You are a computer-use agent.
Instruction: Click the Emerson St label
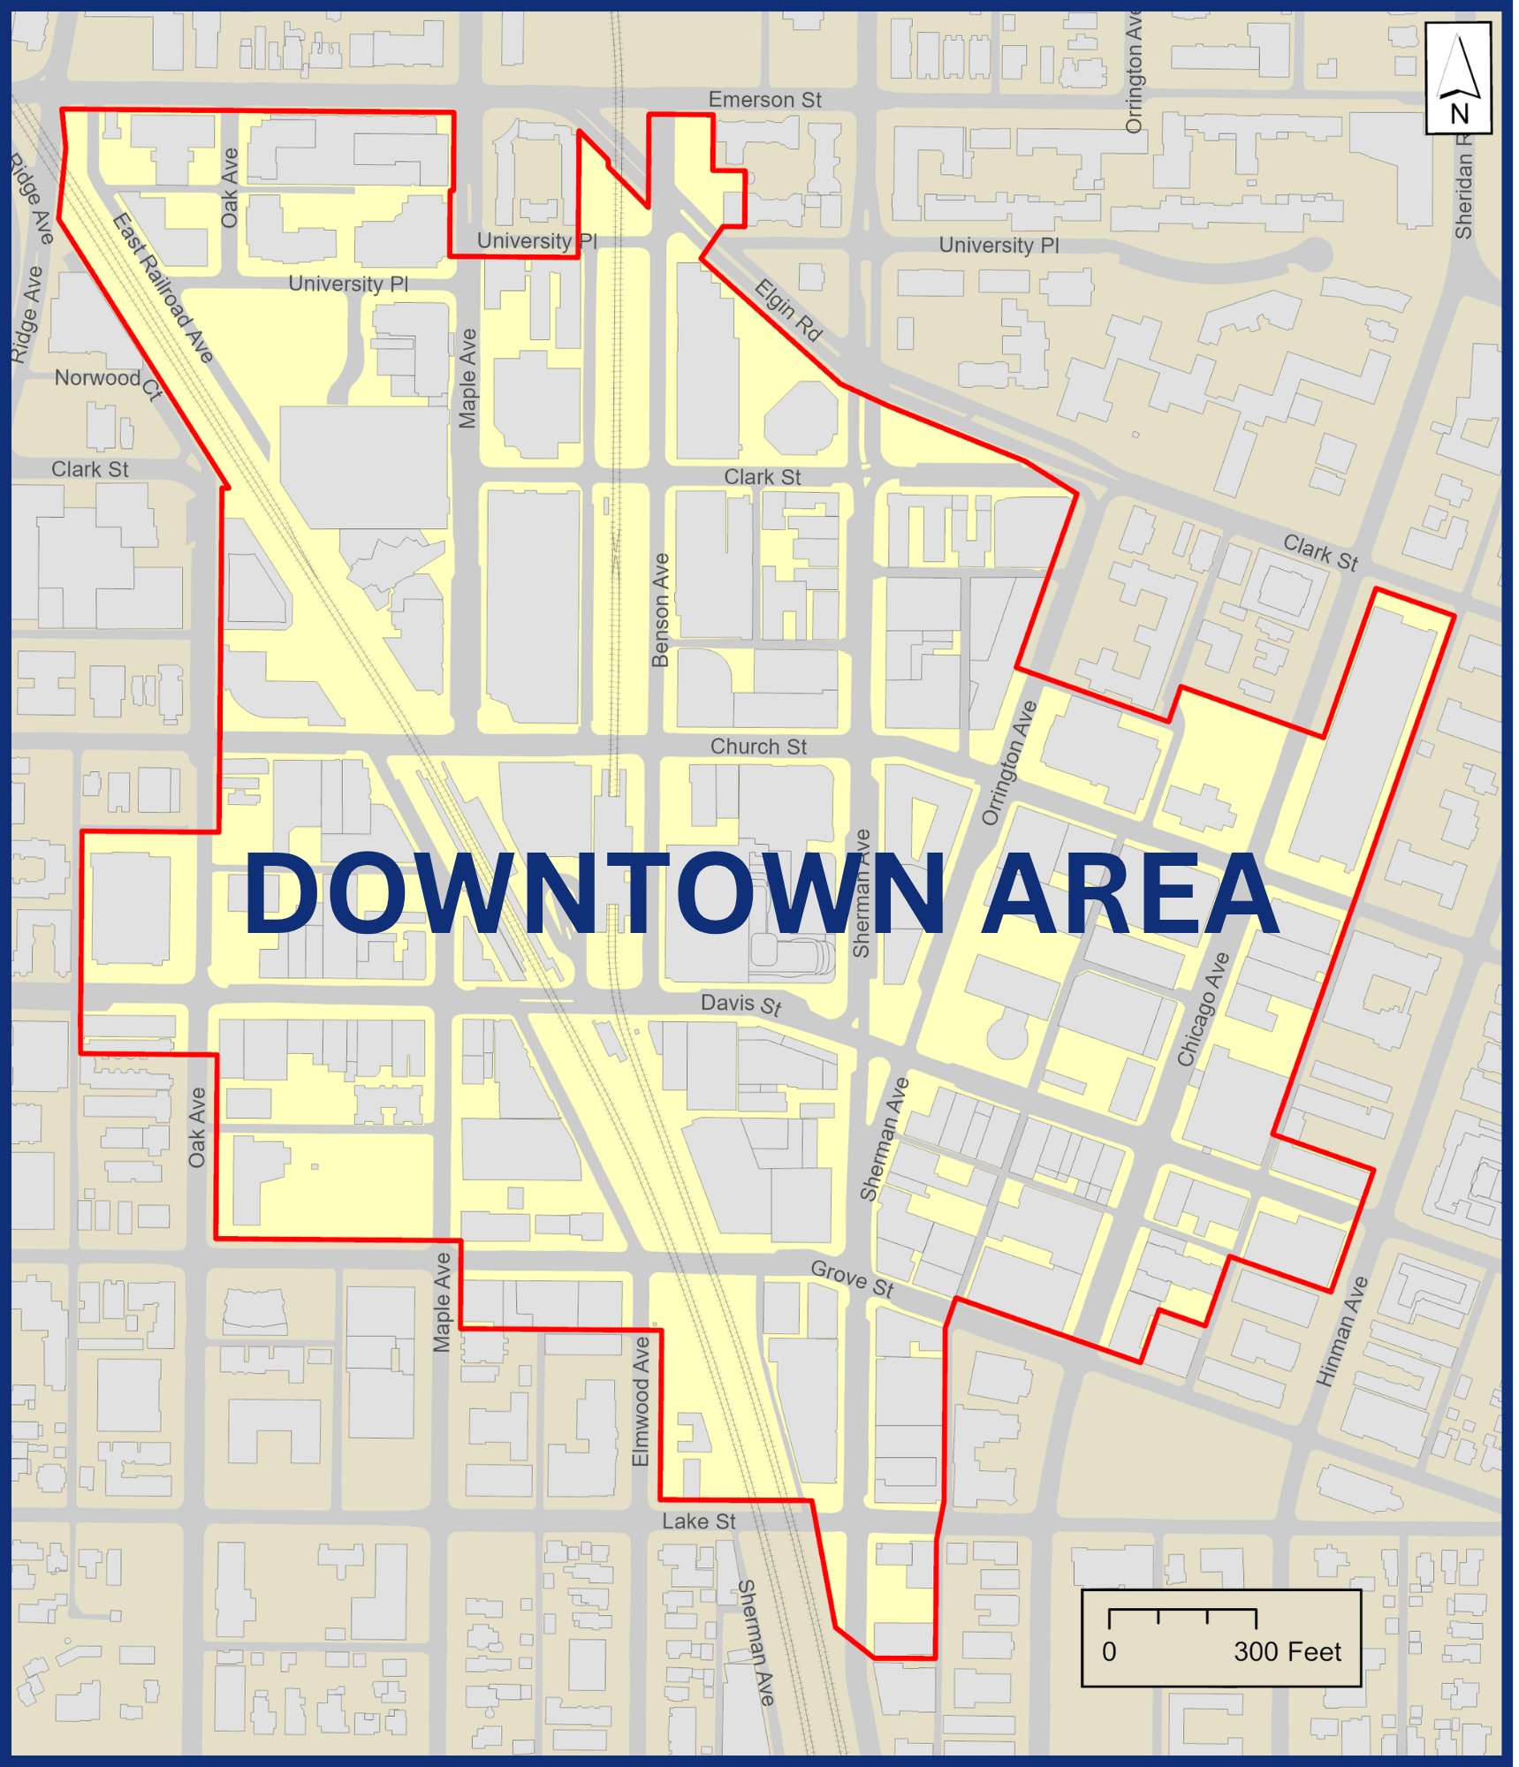tap(764, 101)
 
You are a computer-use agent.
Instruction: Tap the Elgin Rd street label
tap(788, 310)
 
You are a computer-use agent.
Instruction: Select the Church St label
tap(758, 747)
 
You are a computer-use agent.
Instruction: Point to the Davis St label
tap(741, 1005)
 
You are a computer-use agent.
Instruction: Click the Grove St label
tap(853, 1279)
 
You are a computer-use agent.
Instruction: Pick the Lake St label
tap(699, 1521)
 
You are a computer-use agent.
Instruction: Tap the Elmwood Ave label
tap(642, 1401)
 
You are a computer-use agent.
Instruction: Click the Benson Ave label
tap(660, 610)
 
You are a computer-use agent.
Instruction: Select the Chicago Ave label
tap(1203, 1009)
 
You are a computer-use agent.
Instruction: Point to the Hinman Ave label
tap(1342, 1331)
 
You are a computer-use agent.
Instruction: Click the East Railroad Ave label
tap(163, 289)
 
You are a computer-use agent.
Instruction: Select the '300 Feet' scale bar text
tap(1287, 1652)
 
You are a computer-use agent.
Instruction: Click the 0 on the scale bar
tap(1109, 1652)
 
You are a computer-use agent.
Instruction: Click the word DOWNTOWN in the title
tap(594, 894)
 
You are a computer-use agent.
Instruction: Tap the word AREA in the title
tap(1130, 894)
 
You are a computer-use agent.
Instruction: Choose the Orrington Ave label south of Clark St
tap(1009, 764)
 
